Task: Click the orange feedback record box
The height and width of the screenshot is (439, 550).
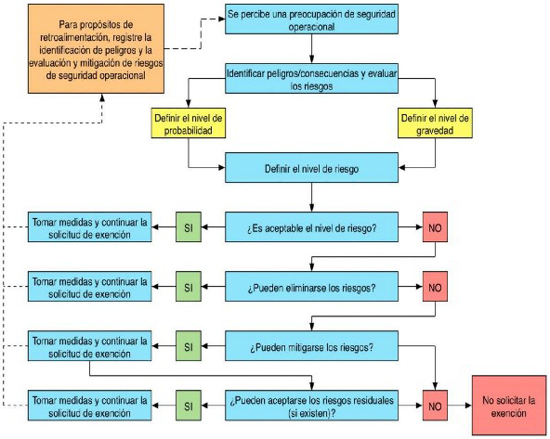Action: (96, 48)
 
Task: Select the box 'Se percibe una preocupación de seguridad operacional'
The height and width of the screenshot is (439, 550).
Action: (311, 19)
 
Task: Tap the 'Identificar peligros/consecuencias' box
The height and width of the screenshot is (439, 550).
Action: (311, 79)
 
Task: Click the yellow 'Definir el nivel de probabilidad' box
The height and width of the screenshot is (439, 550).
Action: (189, 123)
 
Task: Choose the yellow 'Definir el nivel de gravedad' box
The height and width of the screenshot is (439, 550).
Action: (435, 123)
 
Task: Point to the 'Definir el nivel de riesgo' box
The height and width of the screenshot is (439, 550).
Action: (311, 167)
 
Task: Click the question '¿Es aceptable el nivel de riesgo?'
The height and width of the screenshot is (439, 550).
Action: (311, 227)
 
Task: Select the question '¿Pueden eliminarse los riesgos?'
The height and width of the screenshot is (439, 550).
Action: (311, 286)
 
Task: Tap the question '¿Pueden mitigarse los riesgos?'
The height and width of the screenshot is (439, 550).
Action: (311, 346)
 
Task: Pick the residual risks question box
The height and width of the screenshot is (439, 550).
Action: (311, 406)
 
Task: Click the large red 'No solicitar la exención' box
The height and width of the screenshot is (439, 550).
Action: (509, 406)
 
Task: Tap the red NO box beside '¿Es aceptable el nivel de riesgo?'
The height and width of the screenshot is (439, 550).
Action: (435, 227)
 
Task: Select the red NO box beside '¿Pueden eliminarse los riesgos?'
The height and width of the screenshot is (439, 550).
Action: (435, 286)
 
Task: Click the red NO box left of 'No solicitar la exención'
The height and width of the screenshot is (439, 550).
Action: (435, 406)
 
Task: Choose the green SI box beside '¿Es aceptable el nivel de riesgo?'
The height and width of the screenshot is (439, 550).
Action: (189, 227)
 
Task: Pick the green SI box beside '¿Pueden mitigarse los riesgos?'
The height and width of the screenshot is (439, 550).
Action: (189, 346)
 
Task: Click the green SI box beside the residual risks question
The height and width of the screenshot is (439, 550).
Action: (189, 406)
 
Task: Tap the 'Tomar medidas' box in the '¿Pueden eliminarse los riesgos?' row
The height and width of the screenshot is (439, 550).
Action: (90, 286)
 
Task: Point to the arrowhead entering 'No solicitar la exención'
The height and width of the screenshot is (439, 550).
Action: (468, 406)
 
